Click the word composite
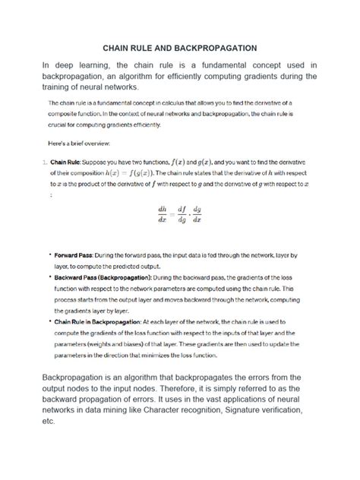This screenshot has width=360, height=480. (65, 113)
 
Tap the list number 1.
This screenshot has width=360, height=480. (44, 162)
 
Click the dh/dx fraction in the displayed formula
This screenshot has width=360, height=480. (162, 215)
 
